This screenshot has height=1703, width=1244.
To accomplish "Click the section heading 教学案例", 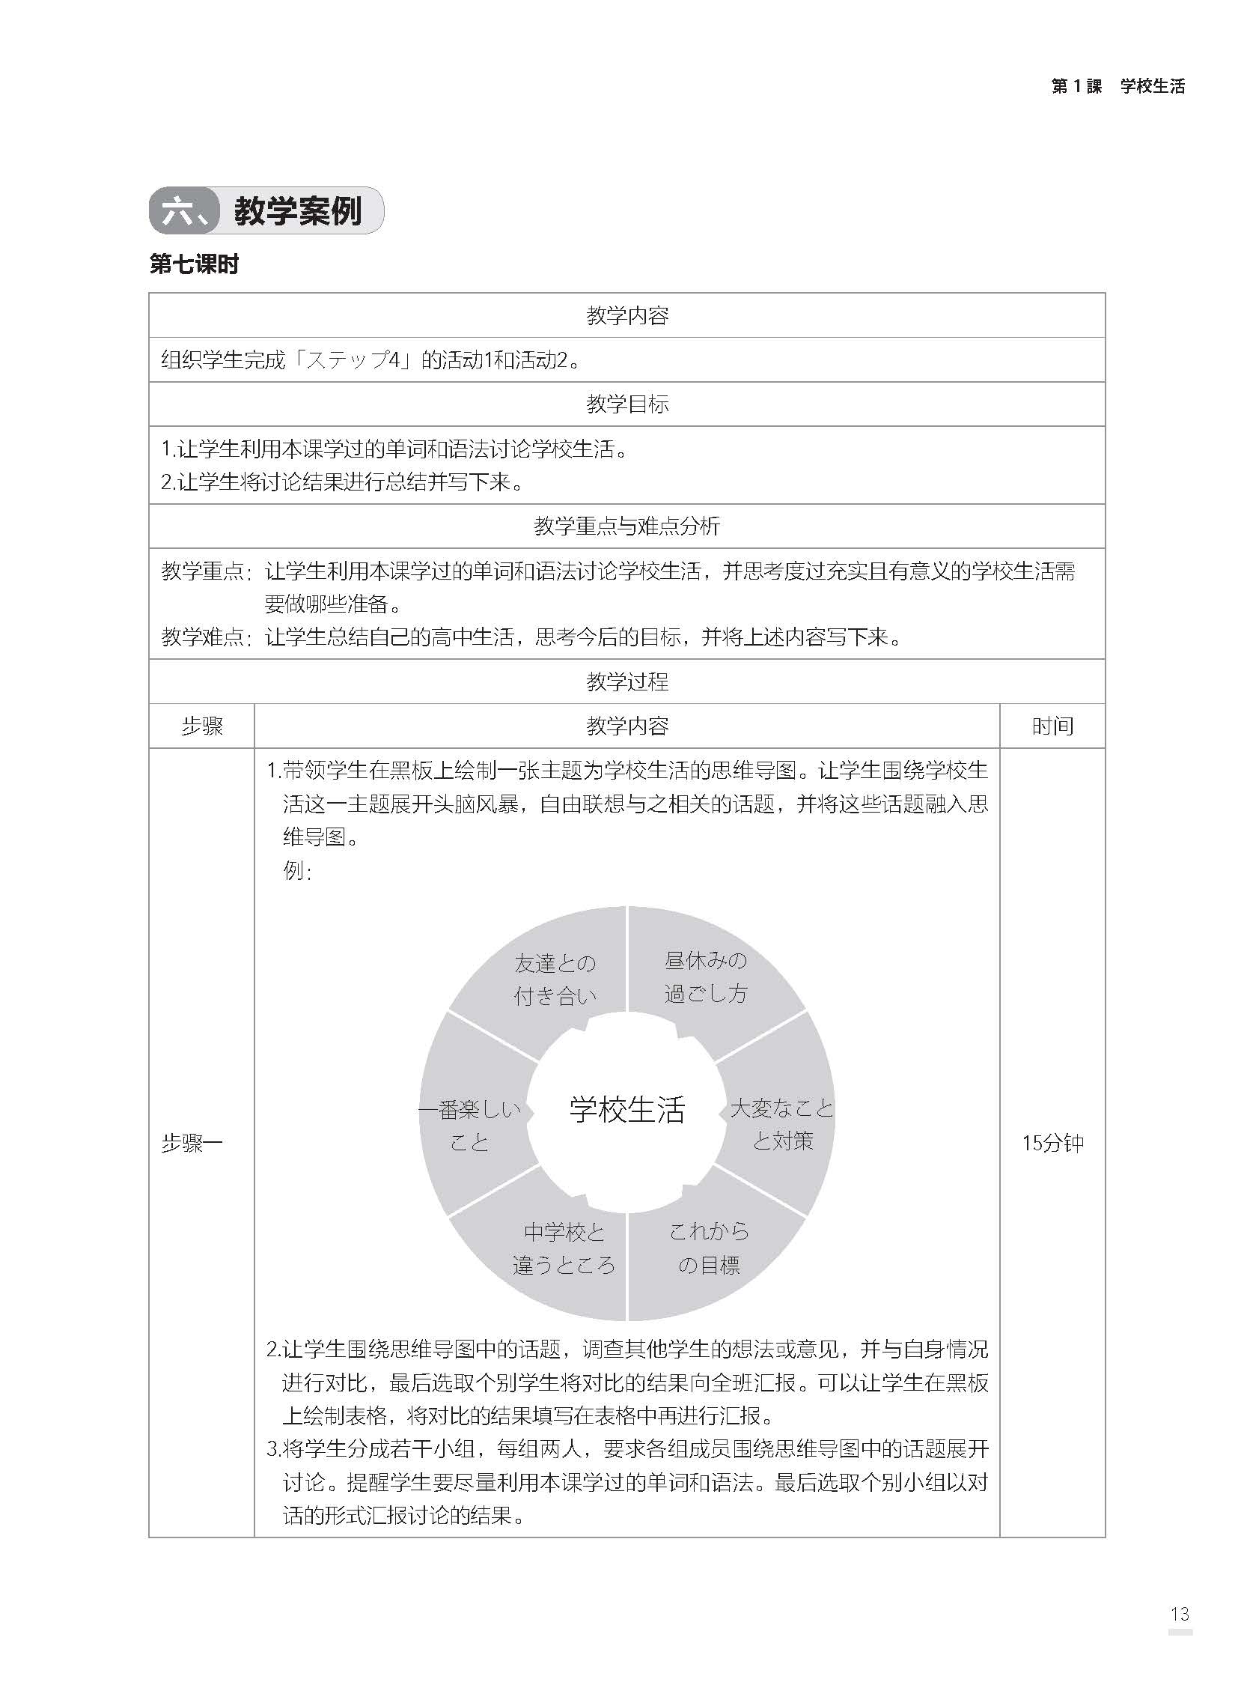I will (297, 212).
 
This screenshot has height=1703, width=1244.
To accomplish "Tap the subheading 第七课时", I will (195, 264).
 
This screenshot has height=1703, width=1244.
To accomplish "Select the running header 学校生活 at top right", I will (1152, 87).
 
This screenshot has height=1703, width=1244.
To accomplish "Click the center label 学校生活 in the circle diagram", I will (626, 1110).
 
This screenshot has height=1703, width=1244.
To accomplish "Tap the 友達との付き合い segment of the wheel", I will (555, 979).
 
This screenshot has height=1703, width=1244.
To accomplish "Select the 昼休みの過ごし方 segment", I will (706, 976).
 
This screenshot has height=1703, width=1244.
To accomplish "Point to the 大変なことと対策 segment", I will (782, 1124).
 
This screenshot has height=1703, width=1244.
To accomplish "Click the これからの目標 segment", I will (709, 1248).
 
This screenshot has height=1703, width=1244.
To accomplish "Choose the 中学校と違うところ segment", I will (564, 1249).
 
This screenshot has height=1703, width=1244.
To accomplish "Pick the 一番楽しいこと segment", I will (470, 1126).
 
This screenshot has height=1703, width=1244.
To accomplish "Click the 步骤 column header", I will (202, 726).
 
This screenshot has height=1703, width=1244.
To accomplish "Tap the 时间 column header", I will (1052, 726).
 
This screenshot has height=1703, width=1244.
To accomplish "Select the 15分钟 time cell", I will (1052, 1144).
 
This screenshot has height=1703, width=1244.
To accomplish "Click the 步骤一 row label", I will (192, 1144).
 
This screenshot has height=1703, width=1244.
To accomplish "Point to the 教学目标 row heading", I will (626, 404).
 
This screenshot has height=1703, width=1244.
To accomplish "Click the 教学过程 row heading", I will (626, 681).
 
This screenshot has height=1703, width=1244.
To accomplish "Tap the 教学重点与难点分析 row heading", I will (626, 526).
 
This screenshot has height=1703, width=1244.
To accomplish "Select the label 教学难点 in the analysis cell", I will (204, 637).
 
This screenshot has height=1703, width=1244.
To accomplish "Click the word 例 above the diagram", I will (296, 871).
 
